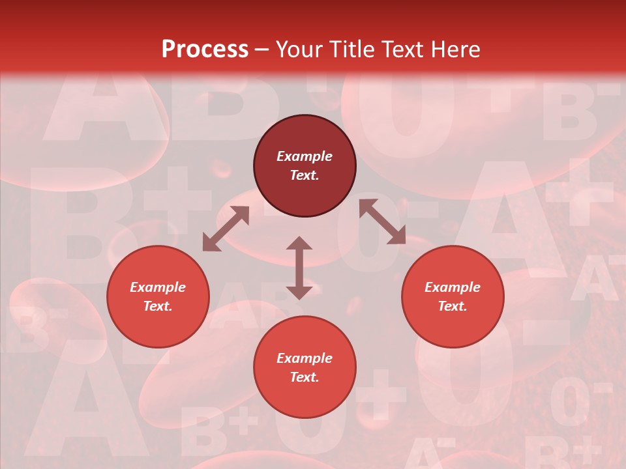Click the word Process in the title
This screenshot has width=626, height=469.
tap(205, 50)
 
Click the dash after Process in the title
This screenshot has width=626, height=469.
tap(262, 50)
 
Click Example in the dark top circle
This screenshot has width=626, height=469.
tap(305, 156)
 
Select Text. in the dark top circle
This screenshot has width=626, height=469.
tap(305, 175)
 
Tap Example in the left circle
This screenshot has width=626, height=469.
tap(158, 287)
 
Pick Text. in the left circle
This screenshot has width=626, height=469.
tap(158, 306)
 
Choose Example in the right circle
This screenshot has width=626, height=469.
tap(453, 287)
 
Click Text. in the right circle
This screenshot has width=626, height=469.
tap(453, 306)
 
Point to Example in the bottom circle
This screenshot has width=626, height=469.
tap(305, 358)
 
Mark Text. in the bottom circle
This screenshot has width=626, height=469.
tap(305, 377)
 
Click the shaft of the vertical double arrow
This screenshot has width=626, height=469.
tap(299, 268)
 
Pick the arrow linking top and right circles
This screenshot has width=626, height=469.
tap(382, 221)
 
